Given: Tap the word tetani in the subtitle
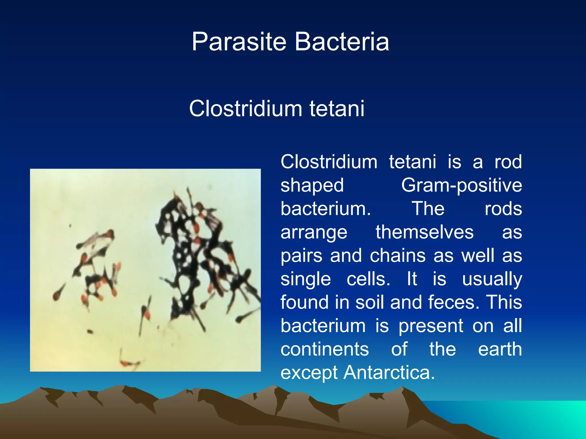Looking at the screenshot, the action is tap(337, 109).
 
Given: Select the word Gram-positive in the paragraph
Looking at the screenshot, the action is tap(461, 185).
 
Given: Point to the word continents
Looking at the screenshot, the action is tap(324, 349).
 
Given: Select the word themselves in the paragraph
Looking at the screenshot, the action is tap(425, 232).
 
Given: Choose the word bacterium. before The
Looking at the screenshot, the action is tap(325, 209).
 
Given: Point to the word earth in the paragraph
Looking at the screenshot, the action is tap(500, 349).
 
